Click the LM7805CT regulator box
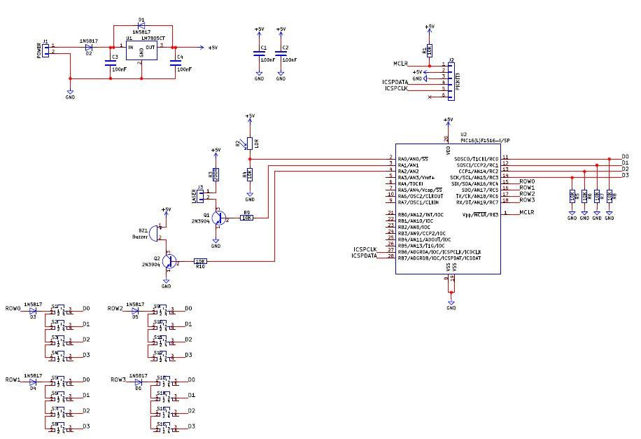point(141,53)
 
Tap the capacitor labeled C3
point(110,64)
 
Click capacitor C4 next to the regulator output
point(174,64)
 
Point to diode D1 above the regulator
point(142,27)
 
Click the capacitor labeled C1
point(260,54)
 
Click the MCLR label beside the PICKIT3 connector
point(400,64)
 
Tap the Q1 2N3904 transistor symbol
point(220,218)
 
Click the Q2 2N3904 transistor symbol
point(169,261)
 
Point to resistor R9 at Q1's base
point(246,218)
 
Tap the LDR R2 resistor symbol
point(250,143)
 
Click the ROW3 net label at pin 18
point(528,200)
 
